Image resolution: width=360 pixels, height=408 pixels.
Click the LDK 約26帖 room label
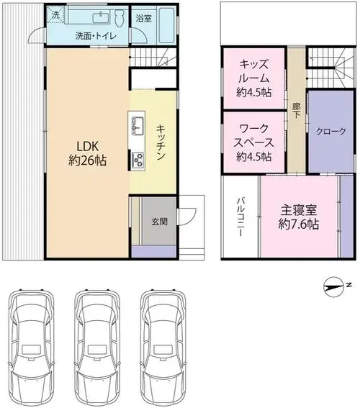(87, 153)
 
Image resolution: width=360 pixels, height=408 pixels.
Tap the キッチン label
(161, 142)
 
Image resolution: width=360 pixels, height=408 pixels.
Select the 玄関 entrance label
(159, 222)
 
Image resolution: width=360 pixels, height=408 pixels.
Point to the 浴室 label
(144, 18)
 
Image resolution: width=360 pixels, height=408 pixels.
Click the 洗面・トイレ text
(96, 36)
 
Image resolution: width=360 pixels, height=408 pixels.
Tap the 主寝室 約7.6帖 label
(299, 217)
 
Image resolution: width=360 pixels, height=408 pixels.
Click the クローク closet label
(330, 132)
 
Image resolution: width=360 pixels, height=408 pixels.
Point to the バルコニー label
(240, 217)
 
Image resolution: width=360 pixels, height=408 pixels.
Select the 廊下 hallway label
(296, 110)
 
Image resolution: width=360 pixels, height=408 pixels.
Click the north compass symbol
(333, 286)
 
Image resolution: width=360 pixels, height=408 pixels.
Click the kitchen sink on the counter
(138, 126)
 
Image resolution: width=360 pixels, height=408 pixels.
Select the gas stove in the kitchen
(138, 160)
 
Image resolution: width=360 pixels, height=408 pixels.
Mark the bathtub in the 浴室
(166, 25)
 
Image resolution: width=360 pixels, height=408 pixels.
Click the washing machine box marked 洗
(55, 15)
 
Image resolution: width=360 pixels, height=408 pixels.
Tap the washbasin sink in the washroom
(101, 18)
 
